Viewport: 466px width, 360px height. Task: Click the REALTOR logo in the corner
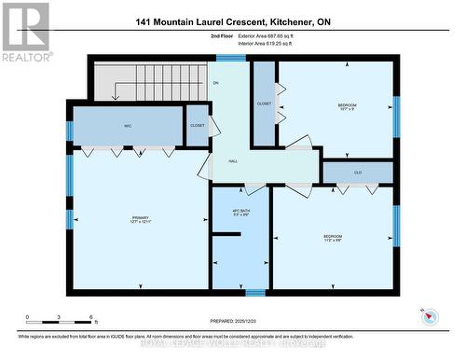pyautogui.click(x=25, y=31)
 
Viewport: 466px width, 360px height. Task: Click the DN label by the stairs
pyautogui.click(x=215, y=84)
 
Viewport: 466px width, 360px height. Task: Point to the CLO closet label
pyautogui.click(x=358, y=173)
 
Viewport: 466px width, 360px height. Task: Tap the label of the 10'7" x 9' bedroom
pyautogui.click(x=346, y=108)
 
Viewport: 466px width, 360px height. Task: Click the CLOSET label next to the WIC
pyautogui.click(x=198, y=125)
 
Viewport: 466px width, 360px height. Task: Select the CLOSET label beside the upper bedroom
pyautogui.click(x=265, y=104)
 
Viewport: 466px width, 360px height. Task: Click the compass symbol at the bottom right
pyautogui.click(x=430, y=317)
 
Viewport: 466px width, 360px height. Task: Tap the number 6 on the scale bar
pyautogui.click(x=89, y=318)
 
